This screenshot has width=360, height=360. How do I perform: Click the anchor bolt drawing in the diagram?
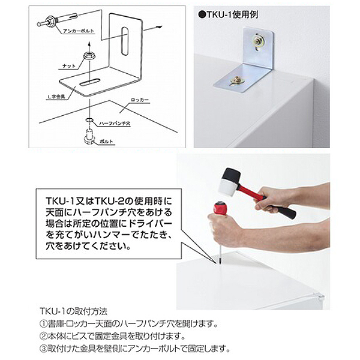click(48, 23)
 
